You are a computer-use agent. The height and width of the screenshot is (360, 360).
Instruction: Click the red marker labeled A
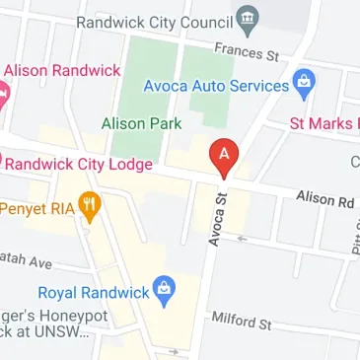coord(225,156)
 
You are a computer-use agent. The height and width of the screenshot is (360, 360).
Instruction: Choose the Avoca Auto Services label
coord(216,86)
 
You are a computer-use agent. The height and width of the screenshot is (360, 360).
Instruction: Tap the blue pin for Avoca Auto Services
coord(304,85)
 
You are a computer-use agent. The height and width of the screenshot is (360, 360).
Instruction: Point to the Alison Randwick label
coord(62,71)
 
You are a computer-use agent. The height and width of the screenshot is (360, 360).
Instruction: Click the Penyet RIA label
coord(36,208)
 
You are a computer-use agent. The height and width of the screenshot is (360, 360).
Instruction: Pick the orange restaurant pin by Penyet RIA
coord(91,206)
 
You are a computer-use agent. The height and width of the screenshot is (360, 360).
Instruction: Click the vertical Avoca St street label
coord(219,219)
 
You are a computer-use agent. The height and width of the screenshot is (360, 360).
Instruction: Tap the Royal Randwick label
coord(94,292)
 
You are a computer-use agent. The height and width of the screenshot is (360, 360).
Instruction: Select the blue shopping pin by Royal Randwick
coord(166,291)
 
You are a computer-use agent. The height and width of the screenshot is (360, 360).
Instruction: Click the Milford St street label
coord(242,321)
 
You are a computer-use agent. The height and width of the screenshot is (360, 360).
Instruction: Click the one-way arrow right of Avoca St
coord(240,238)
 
